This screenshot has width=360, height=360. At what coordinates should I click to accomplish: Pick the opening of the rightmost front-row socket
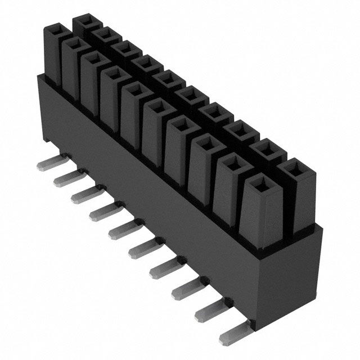point(259,183)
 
